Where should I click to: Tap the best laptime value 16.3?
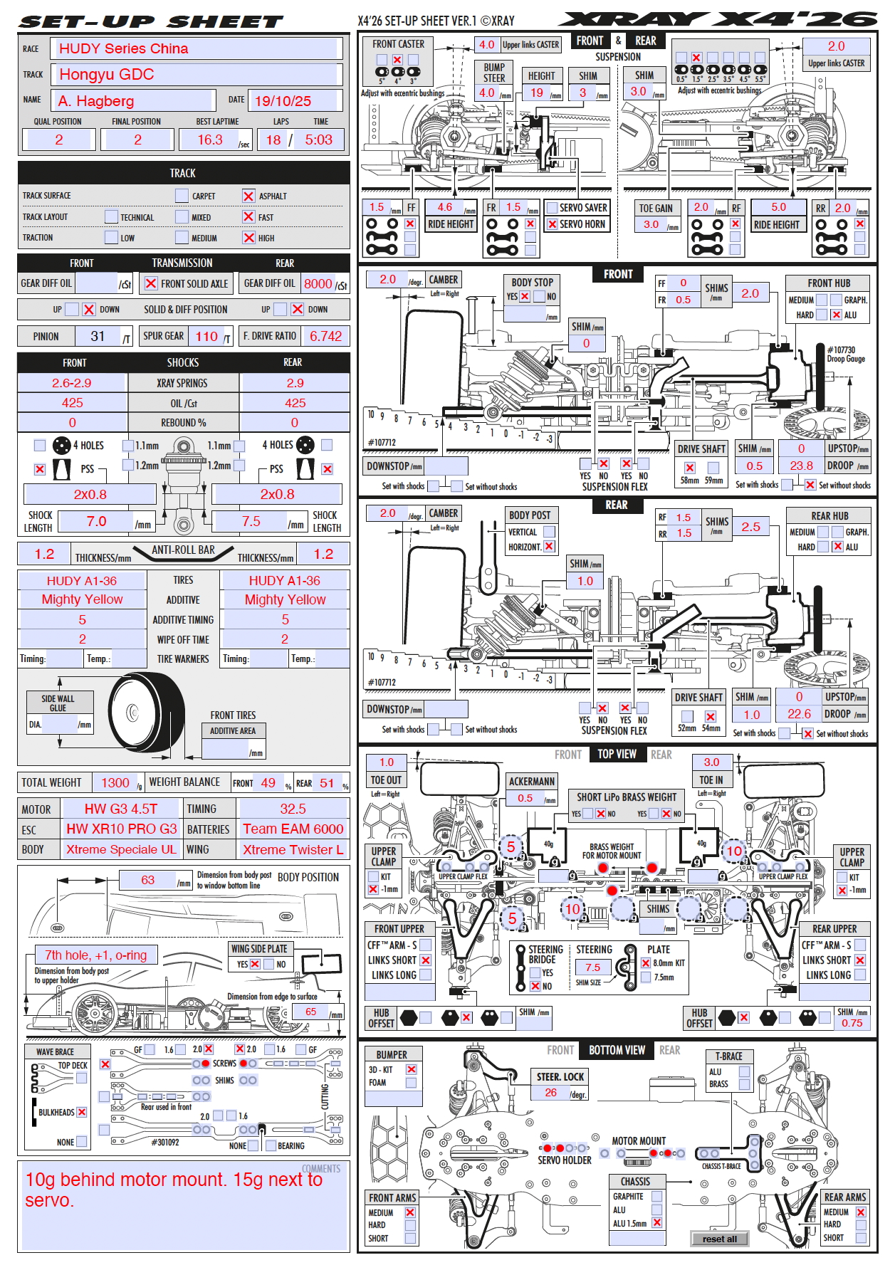(x=211, y=140)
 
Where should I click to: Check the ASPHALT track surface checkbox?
(x=248, y=196)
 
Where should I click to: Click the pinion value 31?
(x=98, y=336)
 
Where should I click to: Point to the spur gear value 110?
(x=206, y=336)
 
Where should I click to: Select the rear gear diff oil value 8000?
(x=318, y=283)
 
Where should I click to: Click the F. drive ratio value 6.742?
(x=325, y=336)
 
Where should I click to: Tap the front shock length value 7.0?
(x=97, y=521)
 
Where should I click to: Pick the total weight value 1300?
(x=115, y=782)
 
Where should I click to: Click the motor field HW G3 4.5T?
(x=121, y=809)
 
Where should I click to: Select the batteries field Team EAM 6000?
(x=293, y=829)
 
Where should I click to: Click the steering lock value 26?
(x=551, y=1093)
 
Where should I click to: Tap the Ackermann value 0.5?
(x=525, y=798)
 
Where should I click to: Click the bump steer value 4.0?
(x=487, y=93)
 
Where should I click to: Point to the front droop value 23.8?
(x=801, y=466)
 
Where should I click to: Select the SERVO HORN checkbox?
(x=552, y=224)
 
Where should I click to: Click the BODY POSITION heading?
(x=308, y=877)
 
